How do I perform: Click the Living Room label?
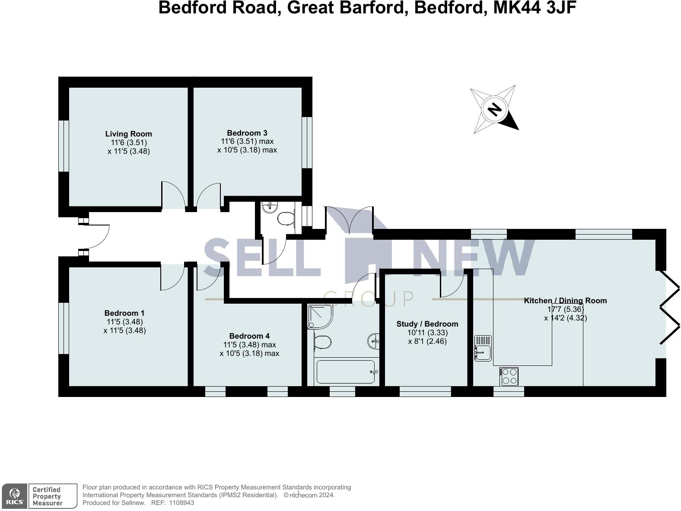[128, 134]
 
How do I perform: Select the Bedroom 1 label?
[124, 313]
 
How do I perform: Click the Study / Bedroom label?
[427, 324]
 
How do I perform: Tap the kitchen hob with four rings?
[509, 376]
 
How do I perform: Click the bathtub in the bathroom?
[346, 372]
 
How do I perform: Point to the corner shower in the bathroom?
[320, 316]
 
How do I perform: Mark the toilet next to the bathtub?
[322, 343]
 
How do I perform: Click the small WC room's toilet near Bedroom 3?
[285, 219]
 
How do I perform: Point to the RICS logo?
[14, 496]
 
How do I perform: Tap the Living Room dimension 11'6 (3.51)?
[128, 143]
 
